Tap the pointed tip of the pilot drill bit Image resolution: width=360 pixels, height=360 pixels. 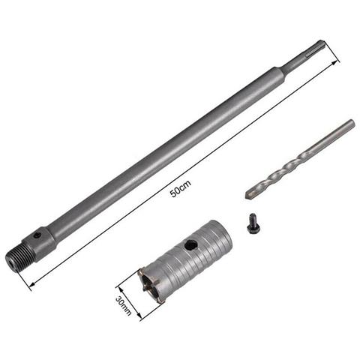[x=248, y=196]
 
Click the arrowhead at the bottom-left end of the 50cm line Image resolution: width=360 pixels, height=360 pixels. [x=31, y=286]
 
